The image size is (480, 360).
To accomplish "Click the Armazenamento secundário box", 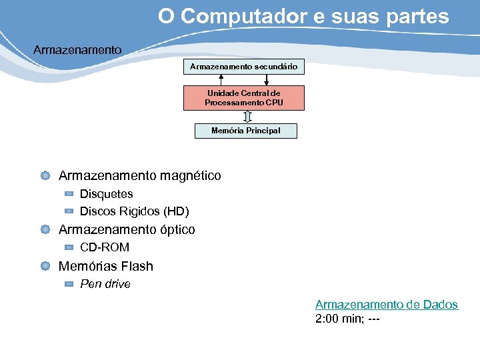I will click(x=244, y=67).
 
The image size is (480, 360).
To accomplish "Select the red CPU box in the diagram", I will click(x=244, y=98).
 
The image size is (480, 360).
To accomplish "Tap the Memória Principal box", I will click(x=245, y=131).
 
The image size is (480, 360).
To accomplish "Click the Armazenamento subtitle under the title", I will click(x=77, y=50).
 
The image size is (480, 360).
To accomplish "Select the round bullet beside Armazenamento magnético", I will click(x=45, y=176).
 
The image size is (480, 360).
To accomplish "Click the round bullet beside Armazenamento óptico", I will click(x=45, y=229).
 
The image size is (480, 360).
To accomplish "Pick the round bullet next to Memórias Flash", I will click(x=45, y=266).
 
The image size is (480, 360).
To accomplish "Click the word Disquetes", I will click(x=107, y=194).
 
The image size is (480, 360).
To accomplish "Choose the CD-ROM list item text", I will click(x=105, y=247).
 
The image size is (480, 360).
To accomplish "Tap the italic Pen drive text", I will click(x=105, y=284).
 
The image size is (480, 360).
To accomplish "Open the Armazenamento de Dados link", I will click(x=387, y=305).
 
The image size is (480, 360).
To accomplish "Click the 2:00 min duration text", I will click(x=337, y=319).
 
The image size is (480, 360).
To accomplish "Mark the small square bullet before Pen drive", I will click(x=69, y=284).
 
